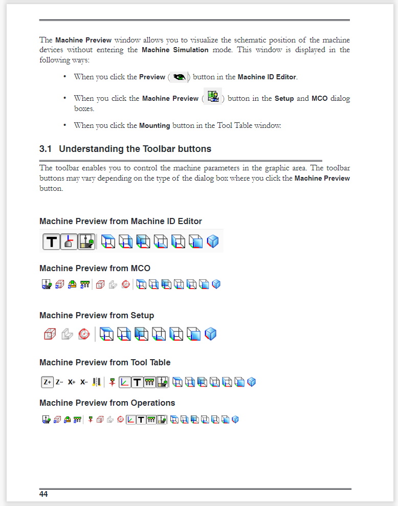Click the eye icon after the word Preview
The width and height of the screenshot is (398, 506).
coord(179,77)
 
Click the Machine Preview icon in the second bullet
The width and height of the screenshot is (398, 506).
coord(213,97)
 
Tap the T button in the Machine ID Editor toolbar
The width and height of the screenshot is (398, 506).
coord(51,241)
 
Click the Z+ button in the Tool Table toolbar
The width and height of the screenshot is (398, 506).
coord(47,382)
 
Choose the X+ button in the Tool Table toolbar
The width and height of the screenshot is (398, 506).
coord(72,382)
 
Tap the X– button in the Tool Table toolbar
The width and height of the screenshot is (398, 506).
coord(84,382)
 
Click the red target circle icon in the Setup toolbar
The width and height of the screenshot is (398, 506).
coord(84,335)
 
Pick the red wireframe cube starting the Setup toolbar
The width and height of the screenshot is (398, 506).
coord(50,335)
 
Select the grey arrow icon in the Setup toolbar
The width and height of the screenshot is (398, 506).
coord(67,335)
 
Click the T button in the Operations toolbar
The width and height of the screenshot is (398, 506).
coord(141,420)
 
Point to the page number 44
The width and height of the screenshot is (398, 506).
coord(43,494)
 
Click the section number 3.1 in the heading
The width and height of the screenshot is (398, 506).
coord(46,149)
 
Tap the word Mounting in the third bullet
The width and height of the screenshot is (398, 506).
coord(154,125)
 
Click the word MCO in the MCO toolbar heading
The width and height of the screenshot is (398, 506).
coord(141,268)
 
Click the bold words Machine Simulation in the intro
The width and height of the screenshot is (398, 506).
coord(175,50)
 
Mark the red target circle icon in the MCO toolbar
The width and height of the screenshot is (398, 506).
coord(126,284)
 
